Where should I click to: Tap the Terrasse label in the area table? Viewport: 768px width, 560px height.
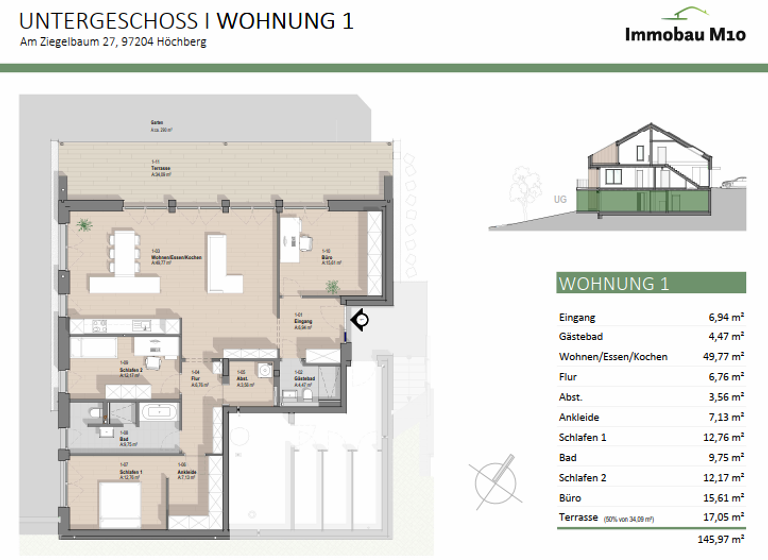point(578,517)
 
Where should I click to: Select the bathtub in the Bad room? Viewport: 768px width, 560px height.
point(160,412)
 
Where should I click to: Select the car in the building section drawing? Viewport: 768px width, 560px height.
point(734,183)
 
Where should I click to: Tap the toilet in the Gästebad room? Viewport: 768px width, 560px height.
point(311,393)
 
